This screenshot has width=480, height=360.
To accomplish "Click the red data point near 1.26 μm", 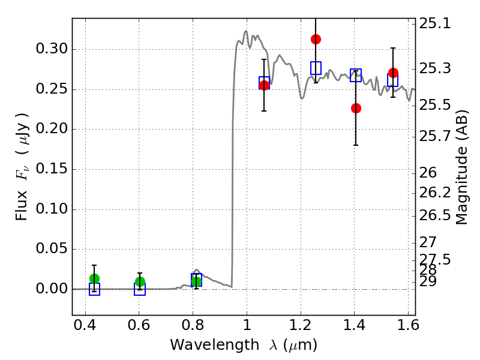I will pyautogui.click(x=316, y=39).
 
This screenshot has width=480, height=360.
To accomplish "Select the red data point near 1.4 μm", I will pyautogui.click(x=356, y=108).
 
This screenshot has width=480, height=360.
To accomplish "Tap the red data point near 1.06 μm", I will pyautogui.click(x=264, y=85).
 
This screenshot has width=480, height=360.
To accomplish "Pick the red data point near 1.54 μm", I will pyautogui.click(x=393, y=73).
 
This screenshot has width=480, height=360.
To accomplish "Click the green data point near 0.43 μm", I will pyautogui.click(x=94, y=278).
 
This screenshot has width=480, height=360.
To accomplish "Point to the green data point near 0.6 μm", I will pyautogui.click(x=140, y=281).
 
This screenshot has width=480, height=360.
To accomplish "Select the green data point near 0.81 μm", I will pyautogui.click(x=196, y=281).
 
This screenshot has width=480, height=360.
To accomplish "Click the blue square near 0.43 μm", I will pyautogui.click(x=94, y=289).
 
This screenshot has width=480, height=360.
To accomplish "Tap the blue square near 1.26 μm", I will pyautogui.click(x=316, y=68).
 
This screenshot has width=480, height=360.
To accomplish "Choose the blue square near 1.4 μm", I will pyautogui.click(x=356, y=75).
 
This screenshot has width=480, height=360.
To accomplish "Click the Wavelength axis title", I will pyautogui.click(x=243, y=345).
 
